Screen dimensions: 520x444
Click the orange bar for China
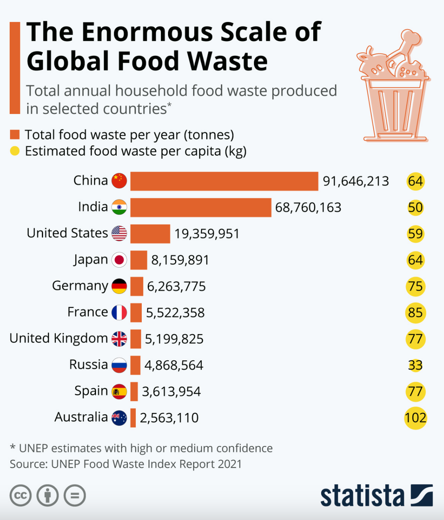(224, 181)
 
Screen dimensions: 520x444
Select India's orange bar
(201, 207)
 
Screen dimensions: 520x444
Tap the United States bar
(150, 234)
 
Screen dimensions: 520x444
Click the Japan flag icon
(119, 260)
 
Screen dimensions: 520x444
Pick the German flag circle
(119, 286)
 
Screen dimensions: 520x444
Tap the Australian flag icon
(119, 418)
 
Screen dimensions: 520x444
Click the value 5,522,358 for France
(175, 313)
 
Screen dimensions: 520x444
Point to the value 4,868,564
(174, 365)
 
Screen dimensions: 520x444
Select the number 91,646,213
(355, 181)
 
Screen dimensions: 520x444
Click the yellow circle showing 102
(415, 418)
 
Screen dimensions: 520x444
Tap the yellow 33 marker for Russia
(415, 365)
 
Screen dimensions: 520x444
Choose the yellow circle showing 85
(415, 313)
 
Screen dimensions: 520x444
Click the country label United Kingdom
(58, 338)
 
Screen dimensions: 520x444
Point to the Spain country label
(91, 391)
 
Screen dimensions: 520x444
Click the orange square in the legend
(15, 135)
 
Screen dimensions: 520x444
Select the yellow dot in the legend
(15, 151)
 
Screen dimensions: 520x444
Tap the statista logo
(376, 496)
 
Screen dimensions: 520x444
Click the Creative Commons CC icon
(21, 495)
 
